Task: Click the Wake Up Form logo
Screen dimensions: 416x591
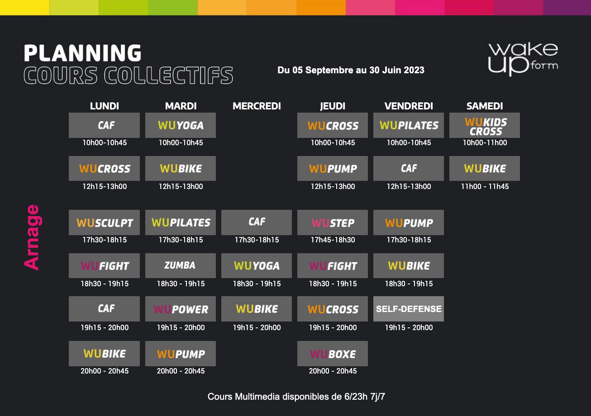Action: [x=523, y=59]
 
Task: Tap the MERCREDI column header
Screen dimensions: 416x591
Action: [x=257, y=106]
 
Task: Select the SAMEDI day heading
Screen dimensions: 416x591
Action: [x=484, y=106]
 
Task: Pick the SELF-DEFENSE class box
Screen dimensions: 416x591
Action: [x=409, y=309]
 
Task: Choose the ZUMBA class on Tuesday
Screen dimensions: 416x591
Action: [x=180, y=265]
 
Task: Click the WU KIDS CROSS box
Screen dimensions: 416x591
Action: [x=484, y=126]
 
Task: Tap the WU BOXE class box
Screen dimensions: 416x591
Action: [x=332, y=354]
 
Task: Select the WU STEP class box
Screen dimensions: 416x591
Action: [x=332, y=222]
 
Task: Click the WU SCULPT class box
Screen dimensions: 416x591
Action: [x=105, y=222]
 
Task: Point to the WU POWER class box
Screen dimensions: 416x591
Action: [x=180, y=309]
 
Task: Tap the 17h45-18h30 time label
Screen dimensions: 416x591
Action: [x=332, y=240]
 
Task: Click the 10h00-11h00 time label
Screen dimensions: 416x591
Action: [x=484, y=143]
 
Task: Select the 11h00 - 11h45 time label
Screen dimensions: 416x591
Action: [x=484, y=187]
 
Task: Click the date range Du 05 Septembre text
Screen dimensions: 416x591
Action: [x=351, y=70]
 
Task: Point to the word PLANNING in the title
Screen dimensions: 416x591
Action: [x=82, y=53]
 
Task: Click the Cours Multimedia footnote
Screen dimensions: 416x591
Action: [x=296, y=397]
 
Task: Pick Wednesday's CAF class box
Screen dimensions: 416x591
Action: [x=257, y=222]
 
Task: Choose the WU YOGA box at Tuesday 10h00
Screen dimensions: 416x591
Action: [x=180, y=126]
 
